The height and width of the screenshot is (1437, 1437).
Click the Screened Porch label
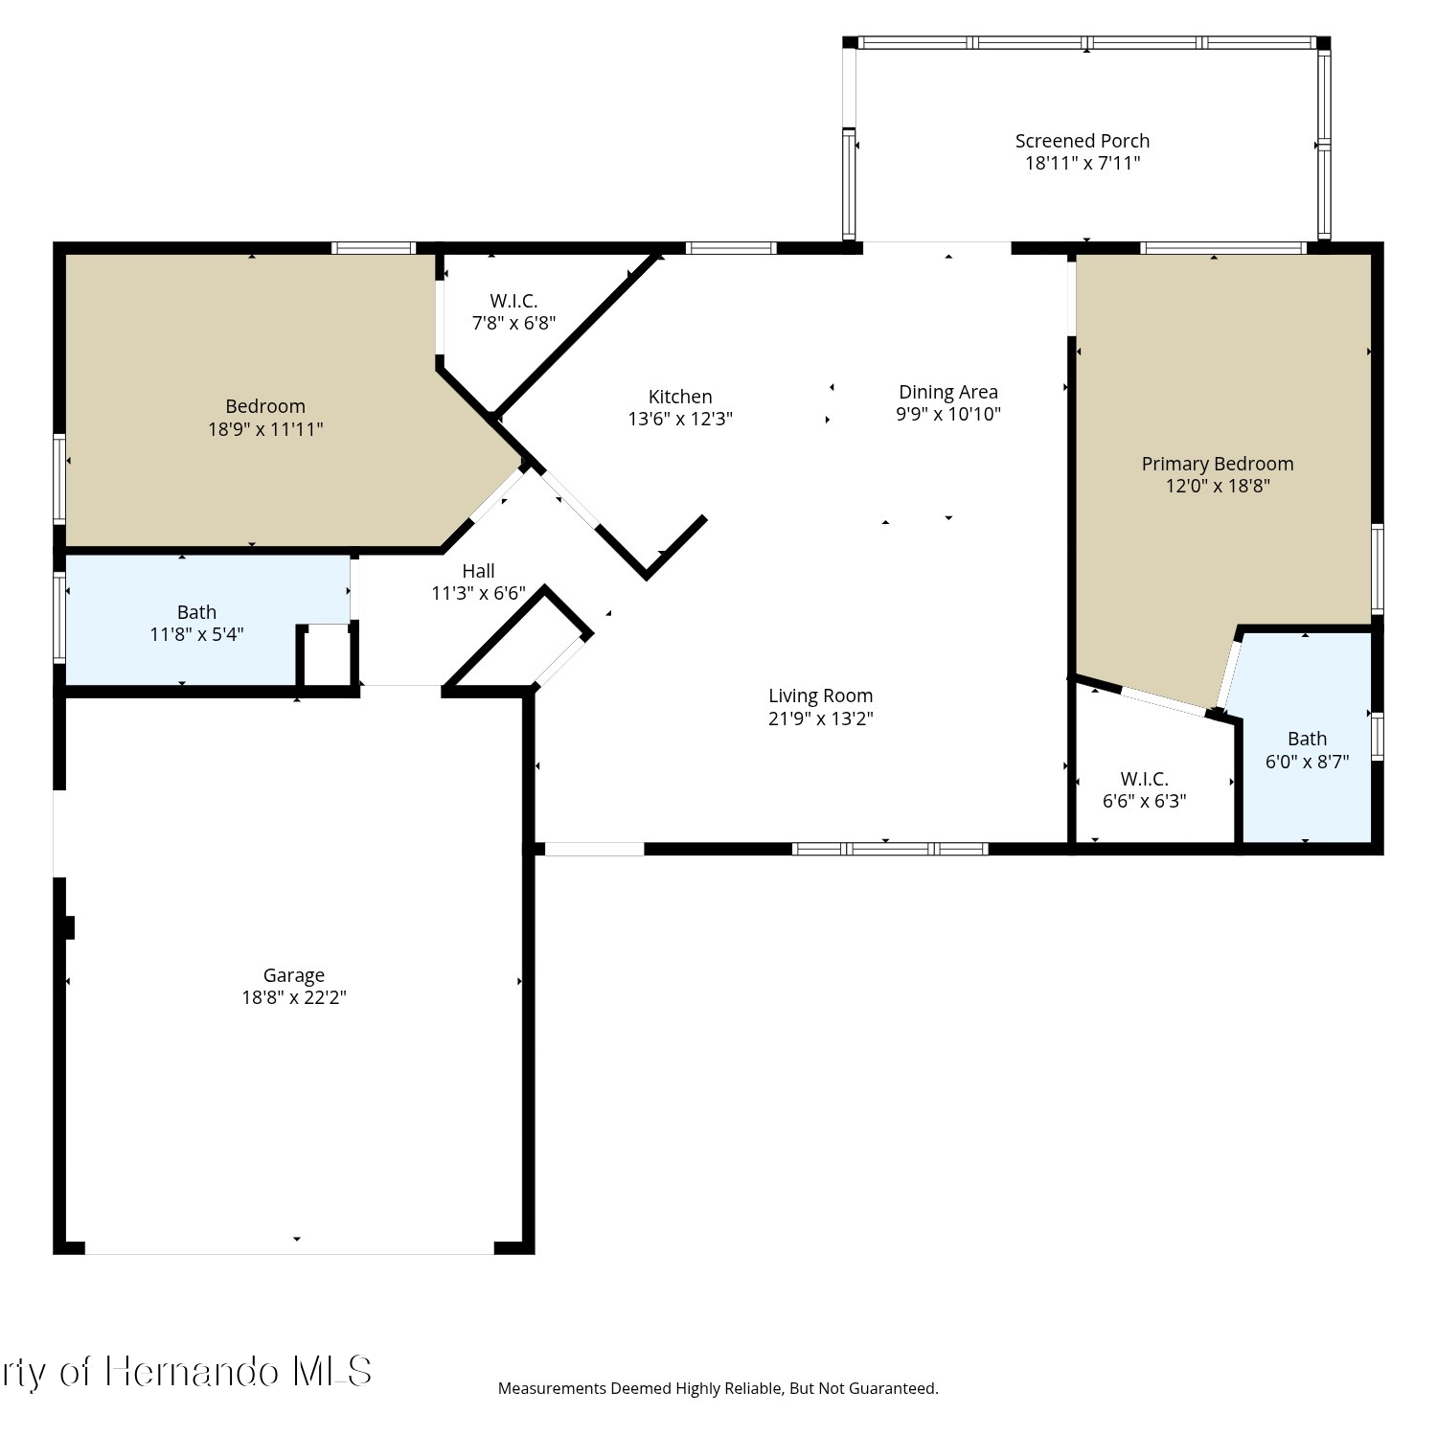coord(1083,141)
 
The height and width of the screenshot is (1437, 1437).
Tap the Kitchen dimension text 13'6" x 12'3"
coord(680,419)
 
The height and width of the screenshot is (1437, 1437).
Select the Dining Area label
coord(948,392)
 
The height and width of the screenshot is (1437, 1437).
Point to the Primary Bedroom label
coord(1218,464)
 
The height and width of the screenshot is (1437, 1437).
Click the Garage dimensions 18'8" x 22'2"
coord(294,997)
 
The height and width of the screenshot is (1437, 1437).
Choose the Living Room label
coord(821,696)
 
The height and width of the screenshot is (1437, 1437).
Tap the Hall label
coord(478,571)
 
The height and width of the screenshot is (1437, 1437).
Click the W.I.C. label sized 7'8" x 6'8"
coord(513,301)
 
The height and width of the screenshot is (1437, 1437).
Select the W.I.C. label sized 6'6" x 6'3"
coord(1145,779)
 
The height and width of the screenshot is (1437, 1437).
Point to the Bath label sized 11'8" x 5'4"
coord(196,612)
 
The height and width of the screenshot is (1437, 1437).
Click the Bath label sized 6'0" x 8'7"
coord(1307,739)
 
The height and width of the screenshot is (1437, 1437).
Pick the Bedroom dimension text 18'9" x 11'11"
coord(265,429)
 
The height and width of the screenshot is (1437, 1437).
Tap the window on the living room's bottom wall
coord(890,849)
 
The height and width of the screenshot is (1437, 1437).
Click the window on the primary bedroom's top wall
coord(1223,248)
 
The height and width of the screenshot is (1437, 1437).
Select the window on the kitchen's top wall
coord(732,248)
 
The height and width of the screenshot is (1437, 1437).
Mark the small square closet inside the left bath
coord(328,656)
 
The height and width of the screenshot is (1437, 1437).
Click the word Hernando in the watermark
coord(192,1372)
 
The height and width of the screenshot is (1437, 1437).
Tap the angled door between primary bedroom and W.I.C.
coord(1165,701)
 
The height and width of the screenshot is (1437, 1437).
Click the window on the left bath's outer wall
coord(59,617)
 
